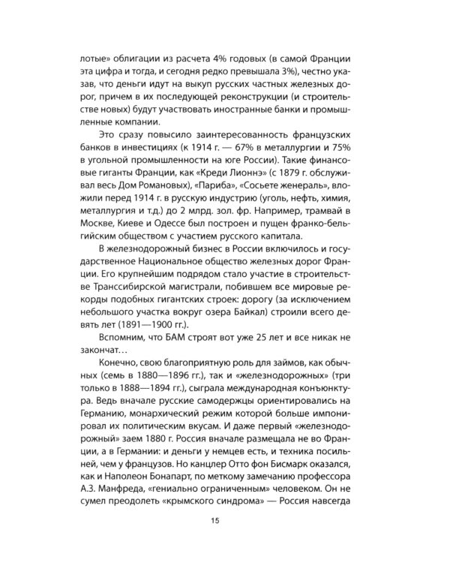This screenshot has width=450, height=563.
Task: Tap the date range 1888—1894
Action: pos(159,388)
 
